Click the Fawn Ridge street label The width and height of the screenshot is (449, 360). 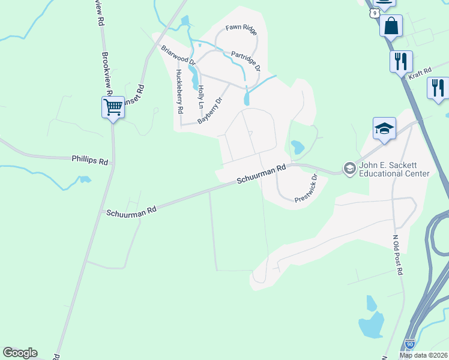tap(241, 28)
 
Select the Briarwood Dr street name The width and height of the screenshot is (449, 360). tap(178, 55)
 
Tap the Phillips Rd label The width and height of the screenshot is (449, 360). tap(90, 161)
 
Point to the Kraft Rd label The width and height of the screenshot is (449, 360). tap(420, 73)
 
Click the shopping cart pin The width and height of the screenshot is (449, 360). tap(113, 107)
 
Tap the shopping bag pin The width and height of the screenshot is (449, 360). tap(391, 26)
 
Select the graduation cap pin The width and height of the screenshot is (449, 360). tap(384, 128)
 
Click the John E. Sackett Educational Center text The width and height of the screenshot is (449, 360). tap(394, 170)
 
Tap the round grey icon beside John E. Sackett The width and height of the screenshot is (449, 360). tap(349, 169)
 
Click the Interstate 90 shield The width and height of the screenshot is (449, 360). tap(410, 344)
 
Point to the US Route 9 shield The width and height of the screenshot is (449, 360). tap(373, 12)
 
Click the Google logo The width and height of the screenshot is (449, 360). tap(20, 353)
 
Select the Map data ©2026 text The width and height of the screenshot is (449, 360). tap(423, 355)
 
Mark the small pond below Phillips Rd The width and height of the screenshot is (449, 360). tap(85, 179)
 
